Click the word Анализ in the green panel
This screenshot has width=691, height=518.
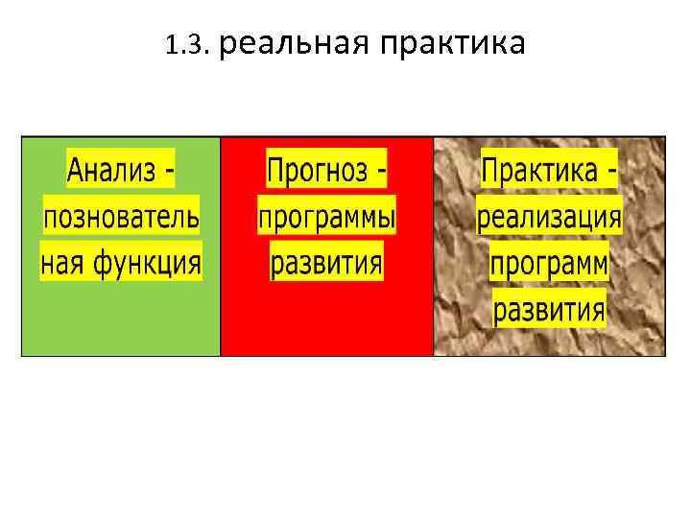pyautogui.click(x=109, y=172)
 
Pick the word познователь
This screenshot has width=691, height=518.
pyautogui.click(x=121, y=216)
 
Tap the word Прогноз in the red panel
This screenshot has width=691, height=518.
pyautogui.click(x=318, y=172)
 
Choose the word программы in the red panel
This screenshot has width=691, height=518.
pyautogui.click(x=327, y=218)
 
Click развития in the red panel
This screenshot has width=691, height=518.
pyautogui.click(x=326, y=261)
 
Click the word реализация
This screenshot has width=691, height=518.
pyautogui.click(x=550, y=217)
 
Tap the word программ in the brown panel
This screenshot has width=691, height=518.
pyautogui.click(x=550, y=263)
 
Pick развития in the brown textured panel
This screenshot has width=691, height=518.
pyautogui.click(x=550, y=309)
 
